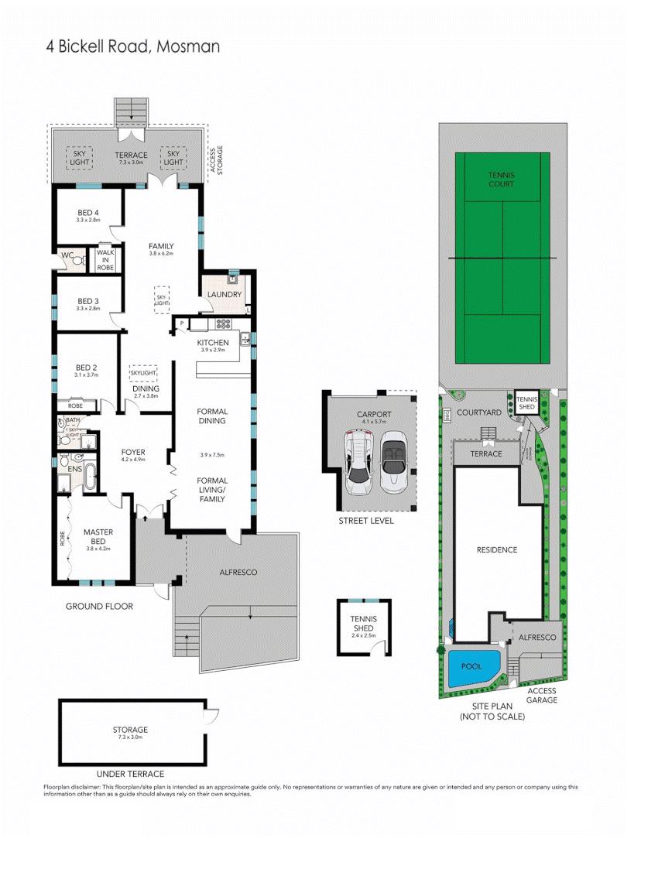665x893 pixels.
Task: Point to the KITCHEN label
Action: point(211,343)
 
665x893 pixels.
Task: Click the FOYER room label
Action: point(133,453)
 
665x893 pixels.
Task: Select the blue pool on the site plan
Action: point(471,668)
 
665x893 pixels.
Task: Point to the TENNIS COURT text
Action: point(501,180)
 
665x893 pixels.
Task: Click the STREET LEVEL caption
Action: point(366,521)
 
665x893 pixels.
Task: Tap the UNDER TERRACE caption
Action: point(129,774)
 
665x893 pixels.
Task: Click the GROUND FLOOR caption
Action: point(99,607)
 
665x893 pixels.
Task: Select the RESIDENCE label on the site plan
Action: point(496,550)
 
